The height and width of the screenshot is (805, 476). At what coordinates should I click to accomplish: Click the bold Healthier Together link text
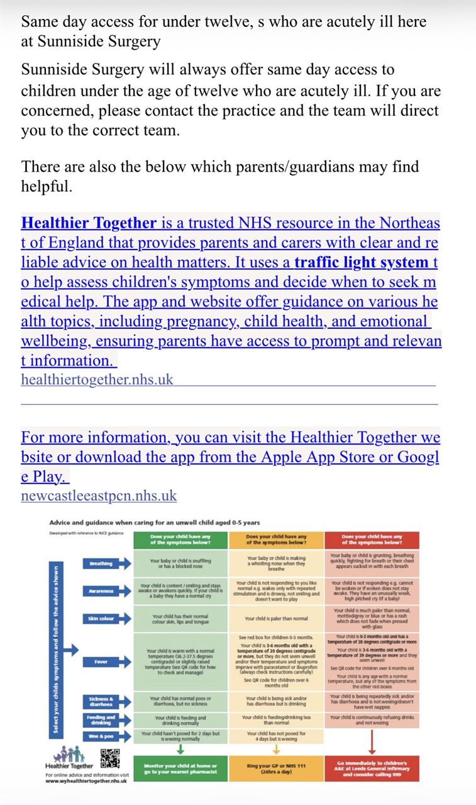89,223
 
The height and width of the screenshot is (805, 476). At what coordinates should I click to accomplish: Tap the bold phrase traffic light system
361,262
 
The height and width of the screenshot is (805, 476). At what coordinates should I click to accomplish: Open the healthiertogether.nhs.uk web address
97,379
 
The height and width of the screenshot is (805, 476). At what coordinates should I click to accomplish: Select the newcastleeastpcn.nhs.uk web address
99,496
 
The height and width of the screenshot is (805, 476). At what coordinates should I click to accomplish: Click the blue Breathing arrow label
101,563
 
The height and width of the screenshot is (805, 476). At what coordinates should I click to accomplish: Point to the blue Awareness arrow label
101,591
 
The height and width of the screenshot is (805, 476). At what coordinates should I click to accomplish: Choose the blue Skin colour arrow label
101,619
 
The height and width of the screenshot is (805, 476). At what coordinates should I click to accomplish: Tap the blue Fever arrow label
101,662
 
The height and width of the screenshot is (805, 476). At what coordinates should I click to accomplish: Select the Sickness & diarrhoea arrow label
101,701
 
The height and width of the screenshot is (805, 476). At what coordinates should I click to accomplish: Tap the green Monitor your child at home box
180,769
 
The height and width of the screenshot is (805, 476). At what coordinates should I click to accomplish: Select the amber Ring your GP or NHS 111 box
275,769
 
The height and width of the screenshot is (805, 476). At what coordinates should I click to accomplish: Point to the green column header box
180,539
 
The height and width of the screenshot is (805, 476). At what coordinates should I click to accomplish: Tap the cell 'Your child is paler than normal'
275,619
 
